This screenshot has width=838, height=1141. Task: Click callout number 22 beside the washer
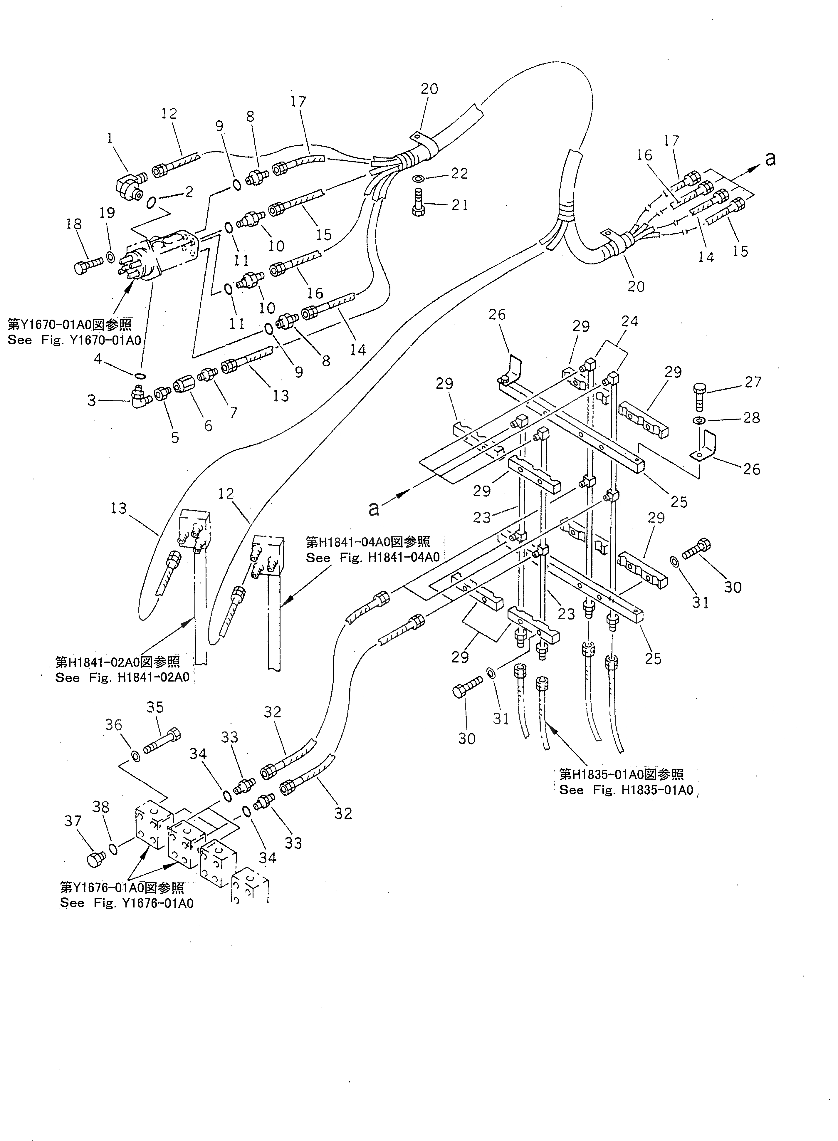[x=459, y=174]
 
